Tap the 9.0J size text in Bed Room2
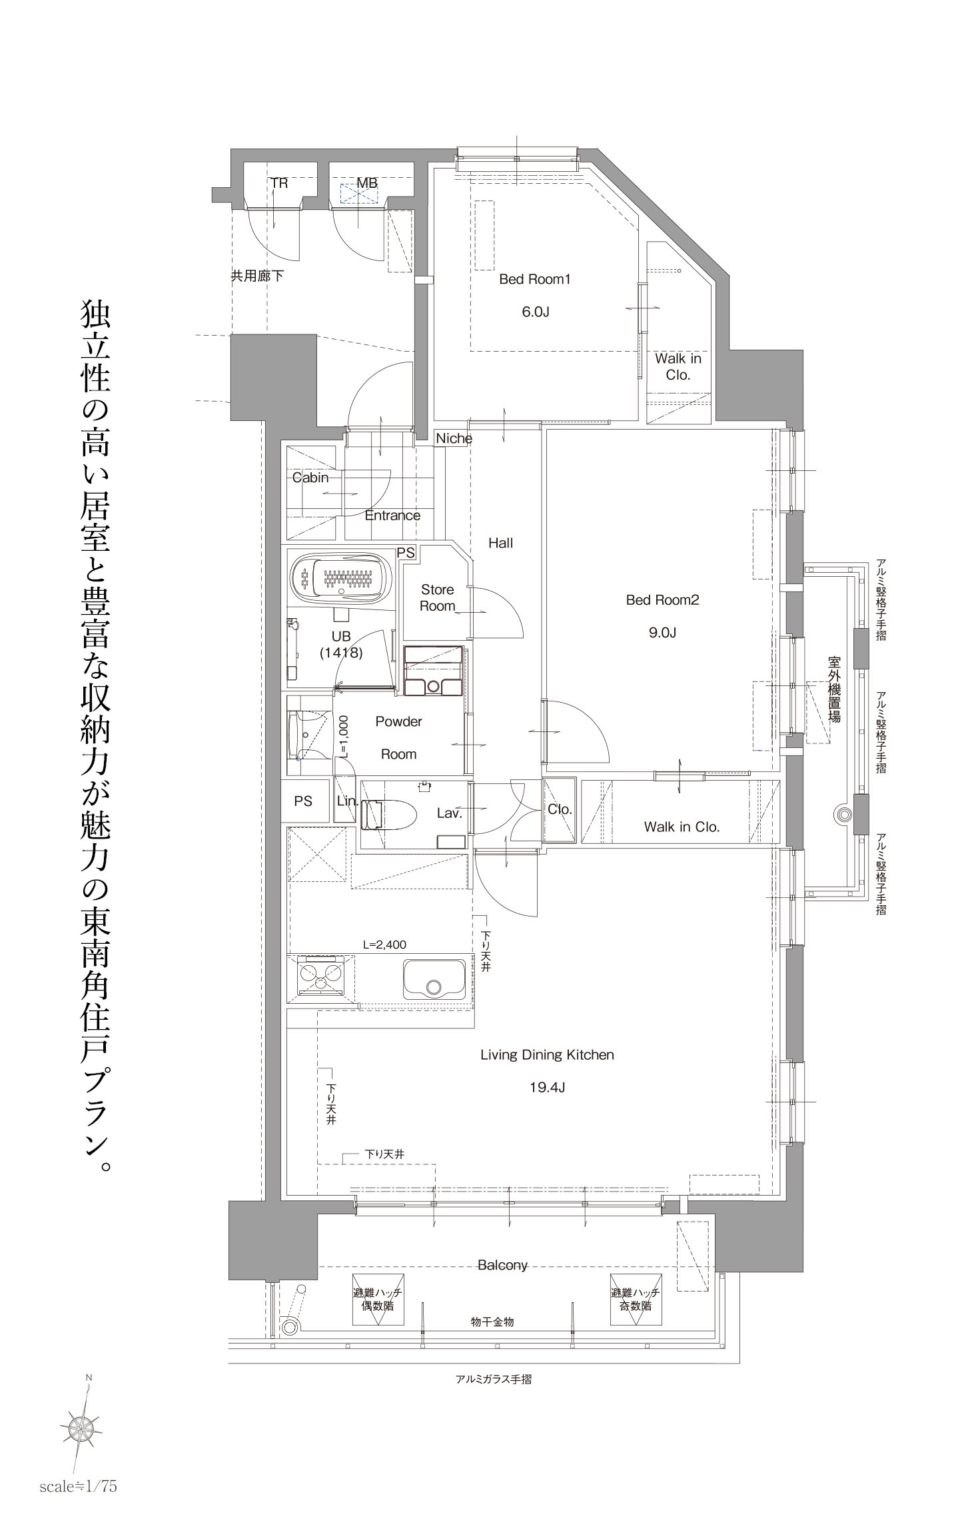(662, 633)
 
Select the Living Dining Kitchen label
(547, 1055)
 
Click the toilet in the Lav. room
(388, 815)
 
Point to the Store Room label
(438, 597)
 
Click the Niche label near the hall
(454, 438)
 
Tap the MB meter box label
(367, 182)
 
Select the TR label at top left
(279, 182)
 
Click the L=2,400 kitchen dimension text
(384, 944)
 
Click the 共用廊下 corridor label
(256, 276)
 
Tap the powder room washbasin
(307, 735)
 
